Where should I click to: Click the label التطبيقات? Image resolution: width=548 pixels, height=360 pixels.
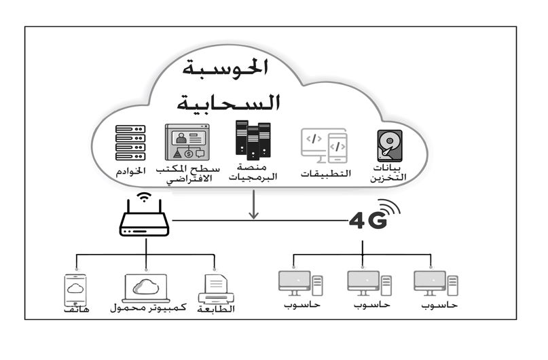pyautogui.click(x=326, y=173)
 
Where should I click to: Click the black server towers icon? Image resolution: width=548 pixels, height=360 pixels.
pyautogui.click(x=252, y=140)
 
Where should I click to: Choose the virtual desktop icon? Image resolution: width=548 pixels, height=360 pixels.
pyautogui.click(x=187, y=143)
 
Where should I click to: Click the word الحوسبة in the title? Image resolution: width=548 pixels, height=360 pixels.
pyautogui.click(x=227, y=69)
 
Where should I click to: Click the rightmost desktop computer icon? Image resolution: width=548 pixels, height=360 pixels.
pyautogui.click(x=435, y=284)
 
